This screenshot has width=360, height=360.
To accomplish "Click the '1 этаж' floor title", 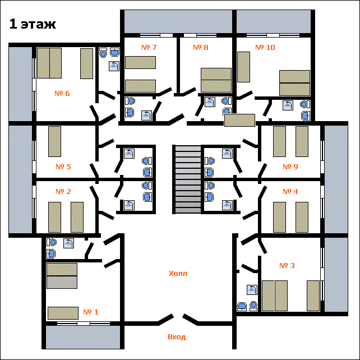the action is click(33, 24).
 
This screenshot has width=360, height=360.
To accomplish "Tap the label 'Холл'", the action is click(178, 274).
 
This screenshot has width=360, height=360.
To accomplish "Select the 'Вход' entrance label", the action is click(177, 337).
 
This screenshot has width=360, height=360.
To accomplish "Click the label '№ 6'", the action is click(62, 93).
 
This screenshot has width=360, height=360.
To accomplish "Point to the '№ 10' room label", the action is click(265, 47).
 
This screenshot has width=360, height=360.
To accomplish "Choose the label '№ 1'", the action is click(90, 312).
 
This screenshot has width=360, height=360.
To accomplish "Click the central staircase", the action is click(188, 179).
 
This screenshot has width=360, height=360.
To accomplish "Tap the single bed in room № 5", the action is click(54, 141).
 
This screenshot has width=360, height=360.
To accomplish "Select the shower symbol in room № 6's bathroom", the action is click(114, 66).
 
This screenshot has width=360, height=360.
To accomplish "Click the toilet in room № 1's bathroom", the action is click(52, 242).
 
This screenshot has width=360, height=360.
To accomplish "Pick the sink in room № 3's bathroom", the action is click(242, 307).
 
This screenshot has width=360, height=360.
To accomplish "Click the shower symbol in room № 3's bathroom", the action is click(252, 290).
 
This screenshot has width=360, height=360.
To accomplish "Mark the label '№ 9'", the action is click(290, 167).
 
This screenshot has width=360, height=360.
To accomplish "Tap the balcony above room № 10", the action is click(274, 21).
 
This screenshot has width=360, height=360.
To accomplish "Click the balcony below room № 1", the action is click(83, 337).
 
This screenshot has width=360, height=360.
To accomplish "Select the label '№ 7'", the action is click(149, 47).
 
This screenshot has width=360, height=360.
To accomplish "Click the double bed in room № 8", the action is click(216, 80).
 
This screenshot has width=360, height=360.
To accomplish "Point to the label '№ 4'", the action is click(290, 191).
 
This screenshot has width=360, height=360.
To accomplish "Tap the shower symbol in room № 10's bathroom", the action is click(288, 105).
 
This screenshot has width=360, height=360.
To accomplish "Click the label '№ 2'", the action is click(63, 191).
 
